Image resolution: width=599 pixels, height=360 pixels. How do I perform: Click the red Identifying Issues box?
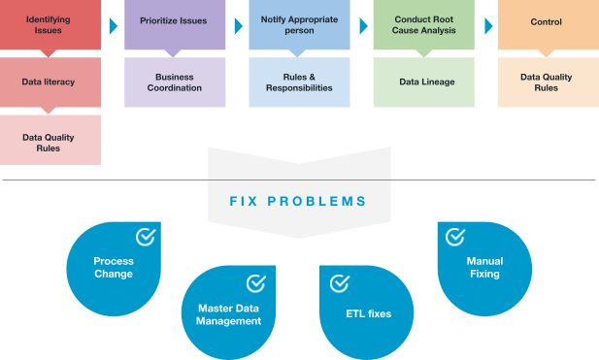tap(50, 24)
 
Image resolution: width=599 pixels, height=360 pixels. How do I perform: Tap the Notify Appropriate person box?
tap(299, 24)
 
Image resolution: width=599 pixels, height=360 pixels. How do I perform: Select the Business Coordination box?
tap(176, 82)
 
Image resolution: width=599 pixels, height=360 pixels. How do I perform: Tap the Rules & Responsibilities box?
tap(299, 82)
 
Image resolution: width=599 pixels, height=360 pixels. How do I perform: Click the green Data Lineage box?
tap(423, 82)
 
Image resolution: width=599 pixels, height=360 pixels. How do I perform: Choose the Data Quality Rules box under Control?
tap(548, 82)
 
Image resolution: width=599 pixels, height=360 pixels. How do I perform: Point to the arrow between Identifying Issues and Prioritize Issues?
tap(114, 25)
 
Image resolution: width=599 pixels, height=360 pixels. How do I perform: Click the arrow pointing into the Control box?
tap(487, 25)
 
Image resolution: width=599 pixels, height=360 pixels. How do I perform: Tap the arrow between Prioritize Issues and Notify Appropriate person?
tap(238, 25)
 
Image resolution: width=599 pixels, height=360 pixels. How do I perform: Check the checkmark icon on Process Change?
tap(146, 236)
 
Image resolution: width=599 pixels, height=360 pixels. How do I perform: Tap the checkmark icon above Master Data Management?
tap(256, 283)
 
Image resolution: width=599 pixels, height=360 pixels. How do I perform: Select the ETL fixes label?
tap(368, 313)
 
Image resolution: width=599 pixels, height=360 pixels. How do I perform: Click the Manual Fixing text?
tap(483, 267)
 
